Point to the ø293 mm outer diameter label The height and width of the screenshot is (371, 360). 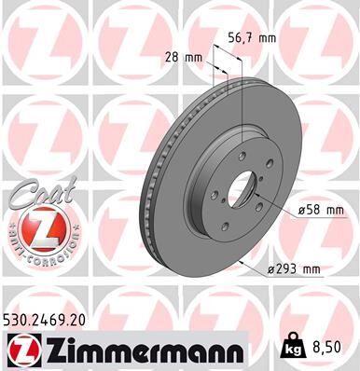coord(293,270)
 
